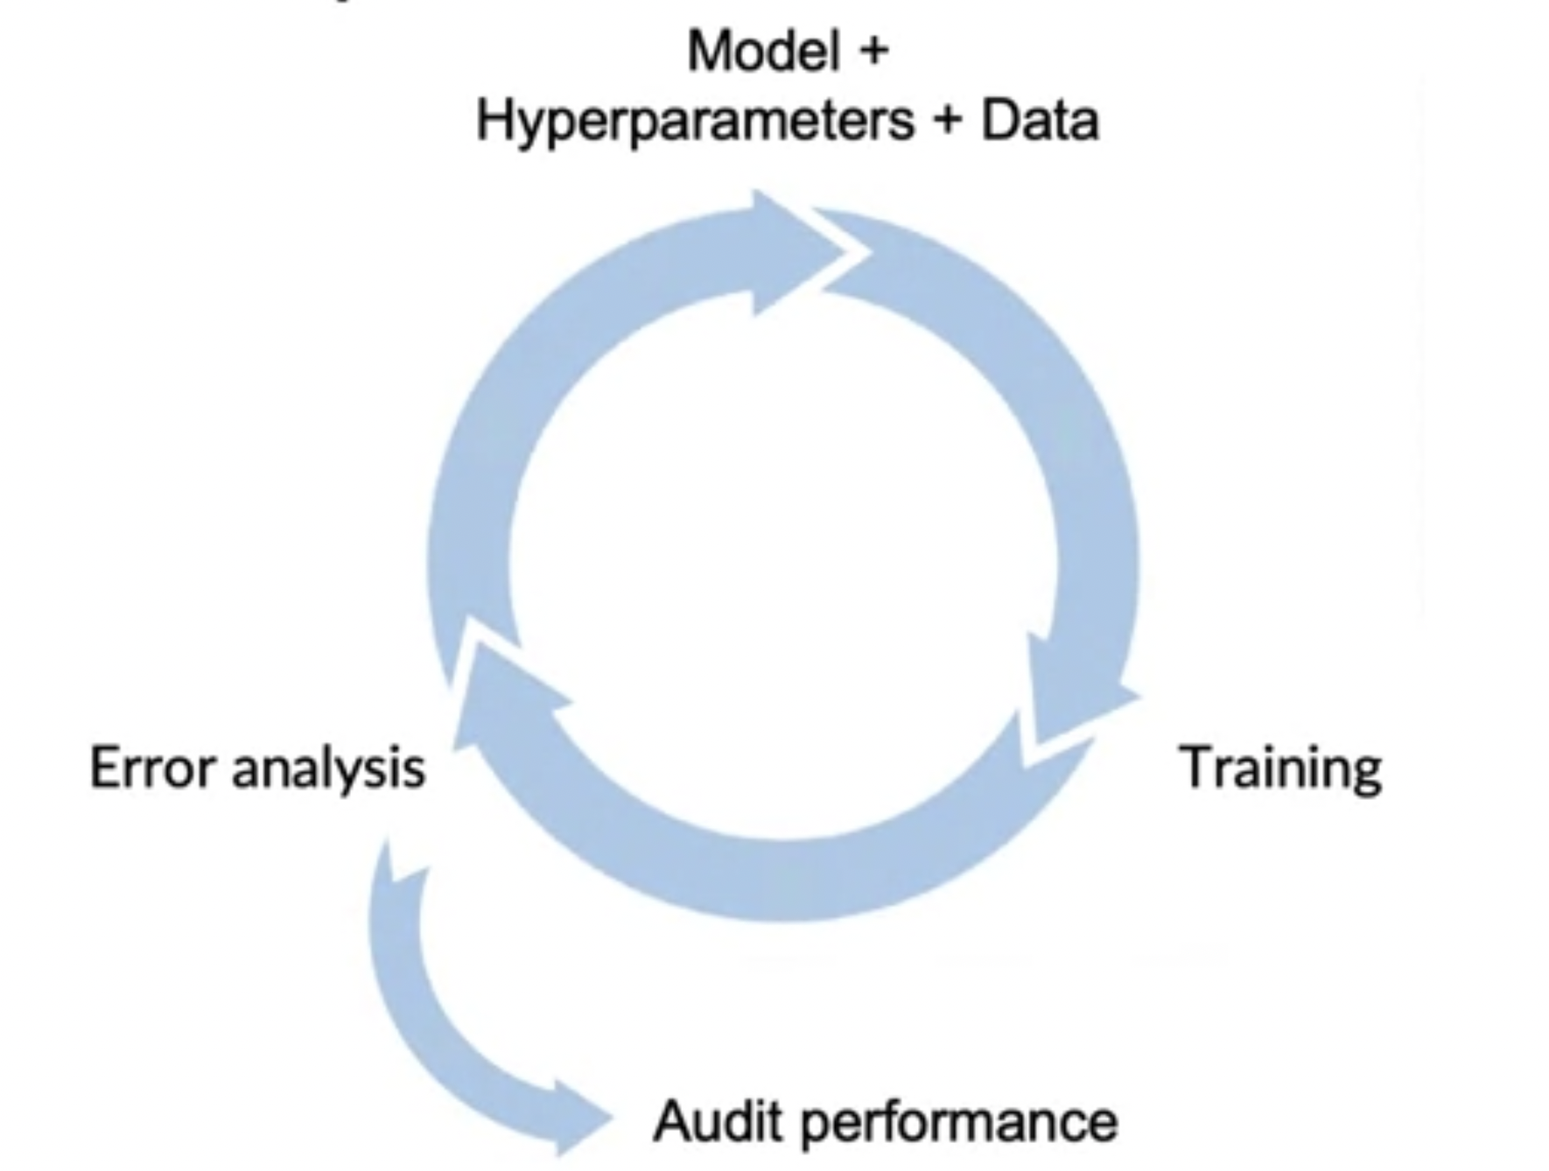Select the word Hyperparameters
coord(695,121)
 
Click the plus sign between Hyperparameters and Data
coord(947,121)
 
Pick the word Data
coord(1040,121)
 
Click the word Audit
coord(718,1121)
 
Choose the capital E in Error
coord(105,768)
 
